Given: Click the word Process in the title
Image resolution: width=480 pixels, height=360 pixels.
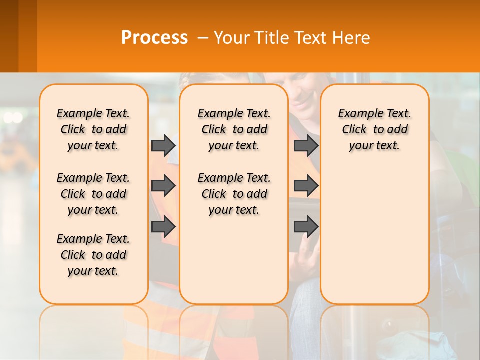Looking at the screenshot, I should [154, 38].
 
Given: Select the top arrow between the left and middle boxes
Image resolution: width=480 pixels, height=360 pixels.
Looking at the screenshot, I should [163, 145].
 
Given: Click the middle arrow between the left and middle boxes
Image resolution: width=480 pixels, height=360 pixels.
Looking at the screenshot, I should [163, 186].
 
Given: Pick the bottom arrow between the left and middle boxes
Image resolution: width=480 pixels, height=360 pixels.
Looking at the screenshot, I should [163, 227].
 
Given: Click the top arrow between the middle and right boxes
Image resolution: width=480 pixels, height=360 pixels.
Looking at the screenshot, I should [306, 145].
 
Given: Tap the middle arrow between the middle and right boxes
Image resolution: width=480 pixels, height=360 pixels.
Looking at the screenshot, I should [306, 186].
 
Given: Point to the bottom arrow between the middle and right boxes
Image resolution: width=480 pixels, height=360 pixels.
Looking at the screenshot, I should [306, 227].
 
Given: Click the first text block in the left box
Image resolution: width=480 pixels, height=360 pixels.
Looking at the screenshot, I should [93, 129].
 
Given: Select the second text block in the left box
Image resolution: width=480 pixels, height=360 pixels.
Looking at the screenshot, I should [93, 194].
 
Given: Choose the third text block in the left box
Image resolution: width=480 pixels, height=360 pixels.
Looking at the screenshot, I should [93, 255].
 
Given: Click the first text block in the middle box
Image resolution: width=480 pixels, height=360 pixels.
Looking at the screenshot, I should [234, 129].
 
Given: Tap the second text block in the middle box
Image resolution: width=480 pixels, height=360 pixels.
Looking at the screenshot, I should [234, 194].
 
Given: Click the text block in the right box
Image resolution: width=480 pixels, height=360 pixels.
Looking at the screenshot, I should [374, 129].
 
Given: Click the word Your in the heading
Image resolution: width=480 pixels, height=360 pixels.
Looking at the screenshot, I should [232, 38].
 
